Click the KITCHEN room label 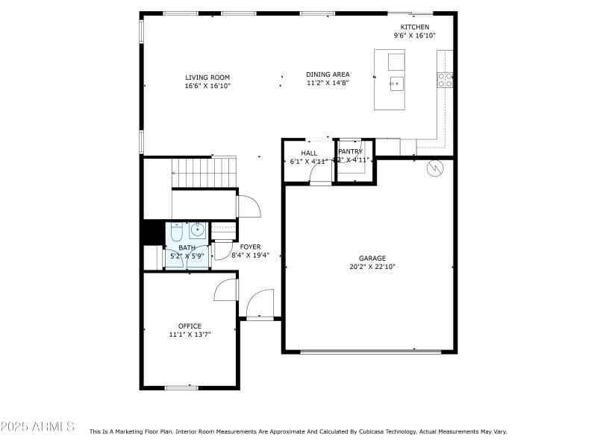click(414, 27)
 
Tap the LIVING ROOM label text click(207, 77)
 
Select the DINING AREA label click(328, 74)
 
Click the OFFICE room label click(190, 326)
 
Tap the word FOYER click(250, 247)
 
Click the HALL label click(309, 153)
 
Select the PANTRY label click(350, 151)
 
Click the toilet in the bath click(176, 232)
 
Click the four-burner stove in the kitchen click(446, 80)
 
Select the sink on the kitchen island click(395, 83)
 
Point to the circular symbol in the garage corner click(434, 169)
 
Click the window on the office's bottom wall click(181, 387)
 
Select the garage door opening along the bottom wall click(369, 352)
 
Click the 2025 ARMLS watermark click(37, 427)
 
